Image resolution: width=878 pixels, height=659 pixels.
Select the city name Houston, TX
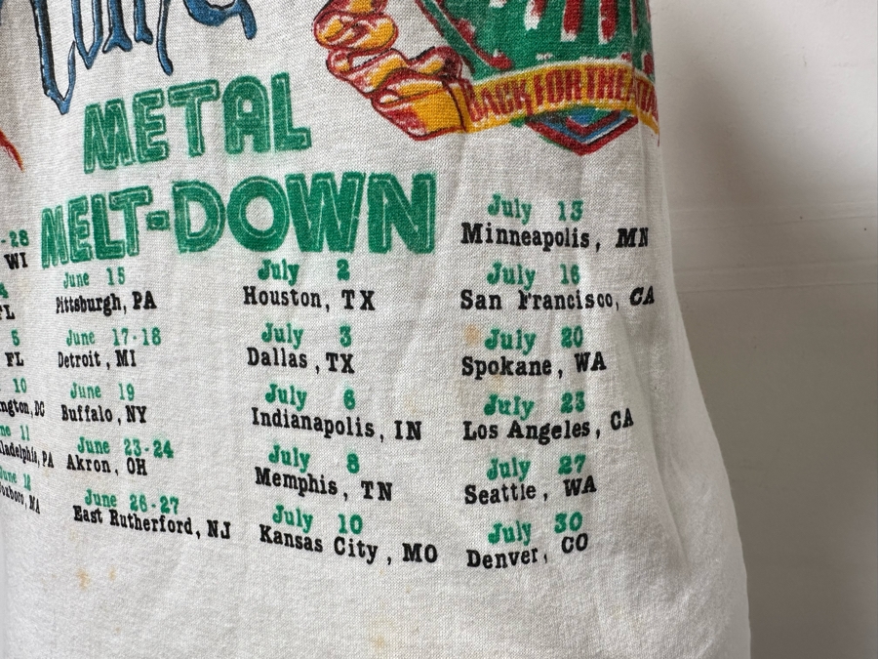[x=308, y=298]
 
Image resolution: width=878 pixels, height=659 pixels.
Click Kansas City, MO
[x=347, y=544]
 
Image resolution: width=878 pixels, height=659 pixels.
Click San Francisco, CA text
[x=556, y=299]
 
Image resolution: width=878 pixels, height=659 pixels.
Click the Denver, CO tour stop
[x=527, y=553]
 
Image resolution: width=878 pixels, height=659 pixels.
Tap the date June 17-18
[x=113, y=337]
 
